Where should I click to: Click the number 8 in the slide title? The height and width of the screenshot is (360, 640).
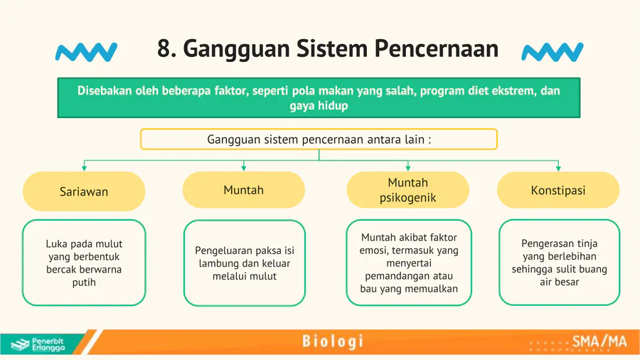(x=164, y=48)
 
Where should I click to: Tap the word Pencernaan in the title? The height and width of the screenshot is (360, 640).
(x=437, y=48)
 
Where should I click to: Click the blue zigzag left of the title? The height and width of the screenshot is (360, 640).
(x=86, y=52)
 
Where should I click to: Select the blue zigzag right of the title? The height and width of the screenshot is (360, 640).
(x=553, y=52)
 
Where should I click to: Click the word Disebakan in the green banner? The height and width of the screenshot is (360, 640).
(x=105, y=90)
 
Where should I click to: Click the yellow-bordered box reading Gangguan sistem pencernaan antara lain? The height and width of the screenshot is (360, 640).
(x=319, y=139)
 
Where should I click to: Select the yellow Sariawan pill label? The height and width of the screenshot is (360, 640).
(x=84, y=191)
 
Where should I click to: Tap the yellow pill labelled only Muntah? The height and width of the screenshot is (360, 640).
(x=244, y=190)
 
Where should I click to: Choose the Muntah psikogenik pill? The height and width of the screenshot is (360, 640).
(x=407, y=190)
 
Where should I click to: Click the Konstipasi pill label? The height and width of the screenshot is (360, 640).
(x=558, y=190)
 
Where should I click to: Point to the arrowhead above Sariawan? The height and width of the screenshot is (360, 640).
(x=84, y=168)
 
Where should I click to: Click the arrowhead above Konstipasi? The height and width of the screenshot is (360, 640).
(x=558, y=168)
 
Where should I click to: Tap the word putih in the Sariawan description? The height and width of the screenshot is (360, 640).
(x=84, y=282)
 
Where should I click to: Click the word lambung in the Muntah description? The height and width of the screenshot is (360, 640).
(x=217, y=264)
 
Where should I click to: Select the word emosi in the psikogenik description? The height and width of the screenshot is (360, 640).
(x=371, y=250)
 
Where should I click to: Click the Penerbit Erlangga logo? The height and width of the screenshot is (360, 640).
(x=38, y=344)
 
